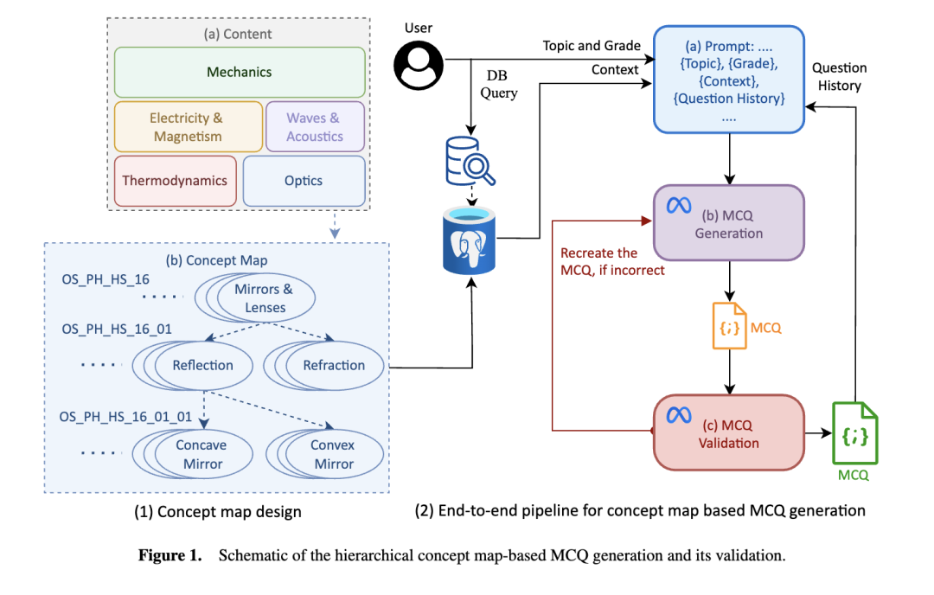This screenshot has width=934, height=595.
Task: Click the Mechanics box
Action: [x=240, y=73]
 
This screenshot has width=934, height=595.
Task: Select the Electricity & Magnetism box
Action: [x=188, y=127]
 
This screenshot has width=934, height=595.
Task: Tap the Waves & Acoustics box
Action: [x=315, y=127]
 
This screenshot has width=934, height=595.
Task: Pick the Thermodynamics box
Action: [x=175, y=181]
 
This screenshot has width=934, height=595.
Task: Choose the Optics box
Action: [x=304, y=181]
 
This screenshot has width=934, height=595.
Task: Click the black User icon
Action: [x=419, y=65]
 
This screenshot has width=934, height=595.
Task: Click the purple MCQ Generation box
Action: [x=728, y=222]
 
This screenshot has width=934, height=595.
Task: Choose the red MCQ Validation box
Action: [x=728, y=432]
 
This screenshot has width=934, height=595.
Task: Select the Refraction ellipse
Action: [x=333, y=365]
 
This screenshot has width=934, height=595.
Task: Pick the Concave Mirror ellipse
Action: [x=201, y=454]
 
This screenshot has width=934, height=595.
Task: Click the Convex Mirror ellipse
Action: [x=333, y=454]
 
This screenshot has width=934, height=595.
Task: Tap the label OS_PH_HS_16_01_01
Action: [x=125, y=417]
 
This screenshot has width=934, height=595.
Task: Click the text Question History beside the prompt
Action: [x=839, y=77]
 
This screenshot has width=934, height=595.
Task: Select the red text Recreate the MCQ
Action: [x=600, y=262]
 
